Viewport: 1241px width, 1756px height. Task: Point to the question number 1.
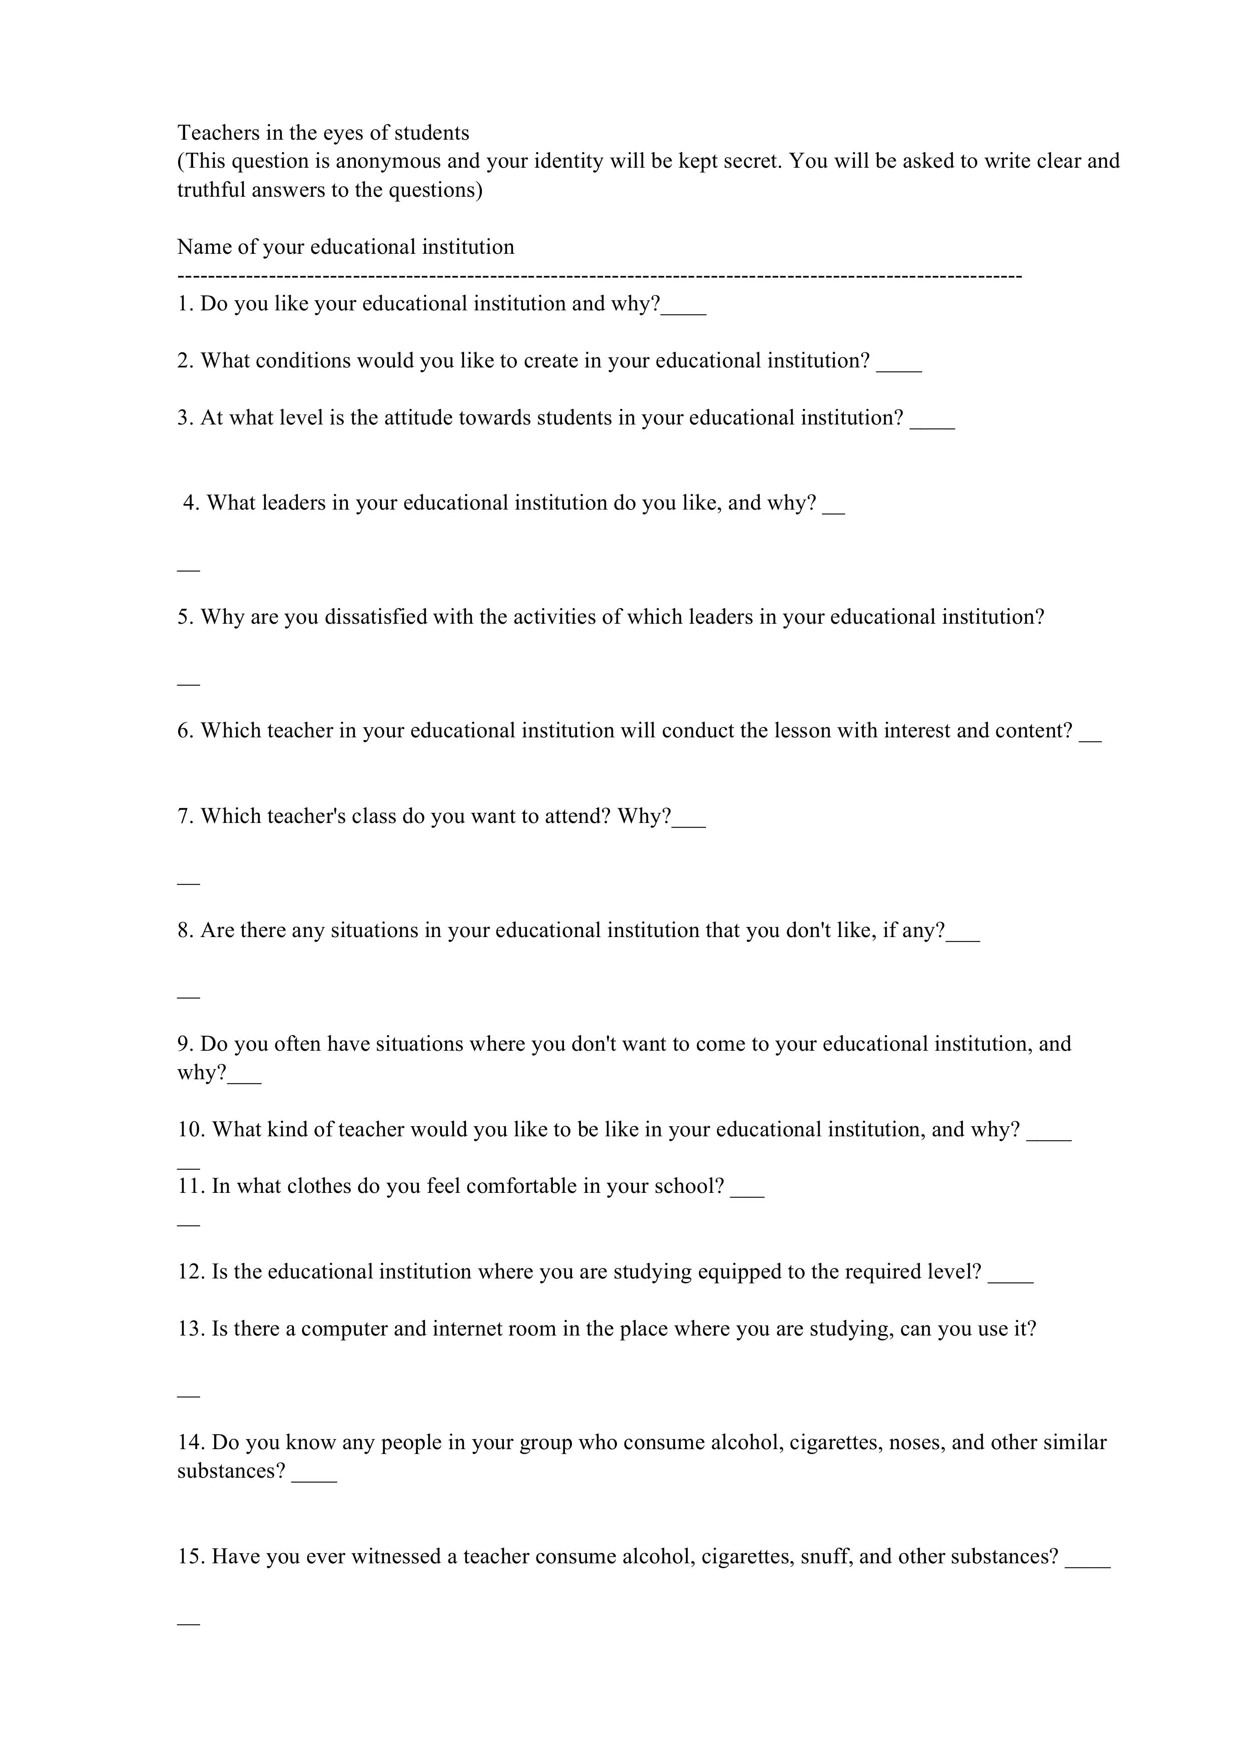(184, 304)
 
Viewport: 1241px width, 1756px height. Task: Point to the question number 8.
(184, 930)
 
